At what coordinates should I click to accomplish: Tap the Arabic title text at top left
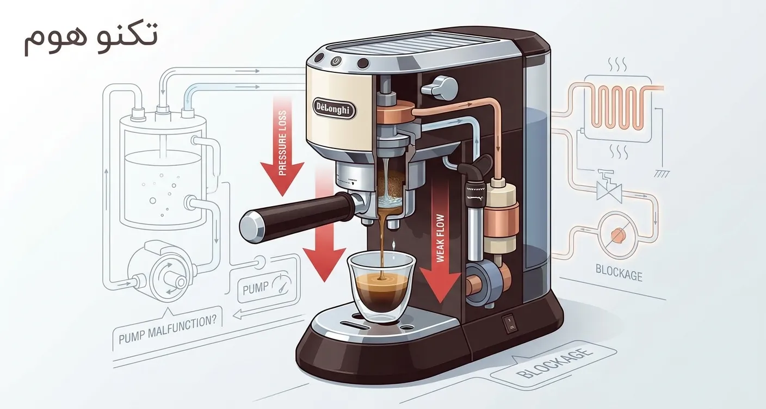[x=91, y=38]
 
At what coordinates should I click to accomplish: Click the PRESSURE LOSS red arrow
[x=282, y=145]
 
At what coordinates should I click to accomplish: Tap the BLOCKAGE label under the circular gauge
[x=619, y=272]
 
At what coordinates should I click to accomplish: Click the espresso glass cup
[x=381, y=286]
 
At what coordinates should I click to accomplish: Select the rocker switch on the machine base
[x=509, y=323]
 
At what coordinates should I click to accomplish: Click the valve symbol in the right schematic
[x=609, y=188]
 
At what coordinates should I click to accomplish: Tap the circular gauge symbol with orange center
[x=618, y=234]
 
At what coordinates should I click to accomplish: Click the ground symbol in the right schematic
[x=662, y=173]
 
